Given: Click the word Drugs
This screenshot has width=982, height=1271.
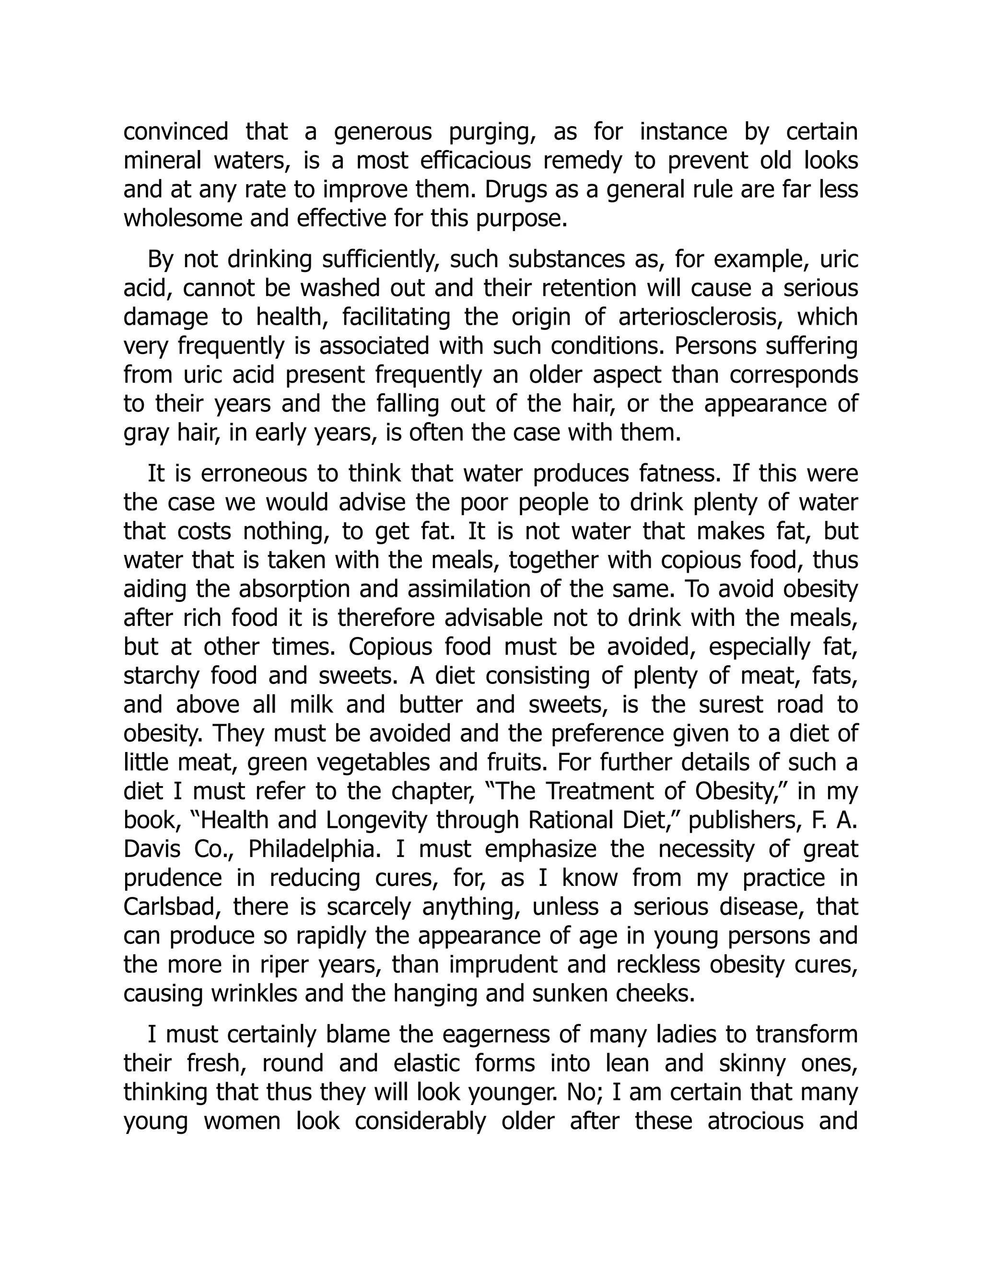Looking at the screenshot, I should click(x=516, y=190).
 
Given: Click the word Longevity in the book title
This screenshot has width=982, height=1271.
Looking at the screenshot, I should click(x=378, y=820).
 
